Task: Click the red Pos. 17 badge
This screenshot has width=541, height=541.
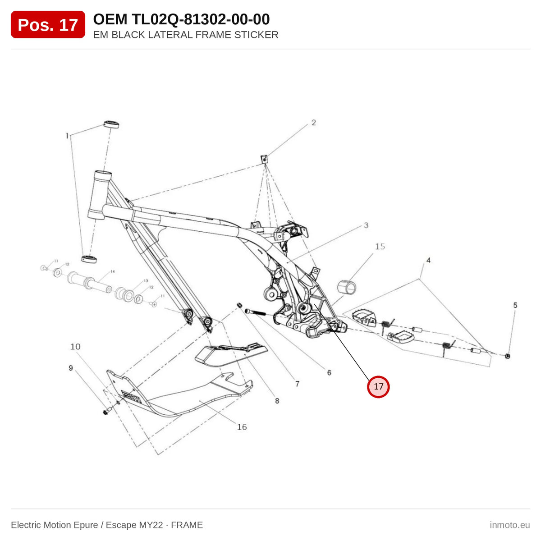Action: coord(48,24)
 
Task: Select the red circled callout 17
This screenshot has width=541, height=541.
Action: coord(378,386)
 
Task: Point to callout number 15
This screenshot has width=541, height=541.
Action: coord(380,246)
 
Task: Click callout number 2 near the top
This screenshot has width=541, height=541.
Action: coord(314,123)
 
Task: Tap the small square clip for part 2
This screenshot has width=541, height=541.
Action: coord(264,159)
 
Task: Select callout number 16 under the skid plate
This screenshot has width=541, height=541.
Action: coord(242,427)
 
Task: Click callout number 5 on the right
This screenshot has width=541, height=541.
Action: coord(515,305)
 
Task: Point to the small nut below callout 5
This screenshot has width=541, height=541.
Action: coord(507,356)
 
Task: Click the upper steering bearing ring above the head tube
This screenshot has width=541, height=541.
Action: coord(111,124)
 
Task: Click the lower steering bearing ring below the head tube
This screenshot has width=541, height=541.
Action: coord(89,259)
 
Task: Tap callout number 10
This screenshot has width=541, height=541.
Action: coord(75,346)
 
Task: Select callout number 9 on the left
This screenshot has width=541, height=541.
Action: coord(71,368)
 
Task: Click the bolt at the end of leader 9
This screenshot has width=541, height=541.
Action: coord(106,412)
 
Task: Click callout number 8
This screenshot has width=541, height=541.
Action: coord(277,401)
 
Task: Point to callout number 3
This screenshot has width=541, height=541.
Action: coord(366,225)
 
